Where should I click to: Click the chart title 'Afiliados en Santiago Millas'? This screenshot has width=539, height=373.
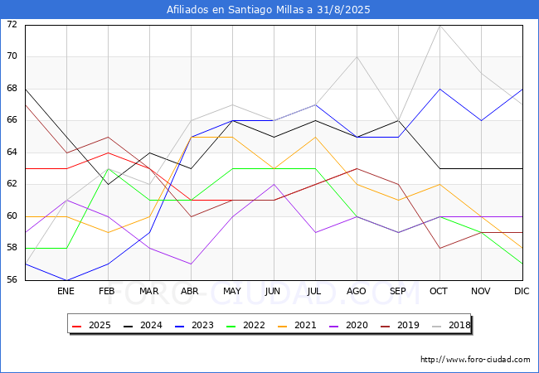[x=269, y=10]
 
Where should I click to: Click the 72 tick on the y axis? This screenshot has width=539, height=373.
[x=12, y=25]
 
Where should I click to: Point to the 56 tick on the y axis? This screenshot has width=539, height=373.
[x=12, y=280]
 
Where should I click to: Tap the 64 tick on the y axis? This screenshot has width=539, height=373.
[x=12, y=153]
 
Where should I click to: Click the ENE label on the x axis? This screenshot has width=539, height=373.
[x=66, y=292]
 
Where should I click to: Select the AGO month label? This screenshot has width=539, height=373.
[x=357, y=292]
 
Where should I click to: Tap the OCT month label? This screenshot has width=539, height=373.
[x=439, y=292]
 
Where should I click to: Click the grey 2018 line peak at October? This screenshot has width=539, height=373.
[x=439, y=25]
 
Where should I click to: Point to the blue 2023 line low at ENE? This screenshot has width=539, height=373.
[x=66, y=280]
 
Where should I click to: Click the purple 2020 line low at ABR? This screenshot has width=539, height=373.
[x=191, y=264]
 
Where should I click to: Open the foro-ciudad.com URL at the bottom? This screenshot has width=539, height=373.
[x=475, y=360]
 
